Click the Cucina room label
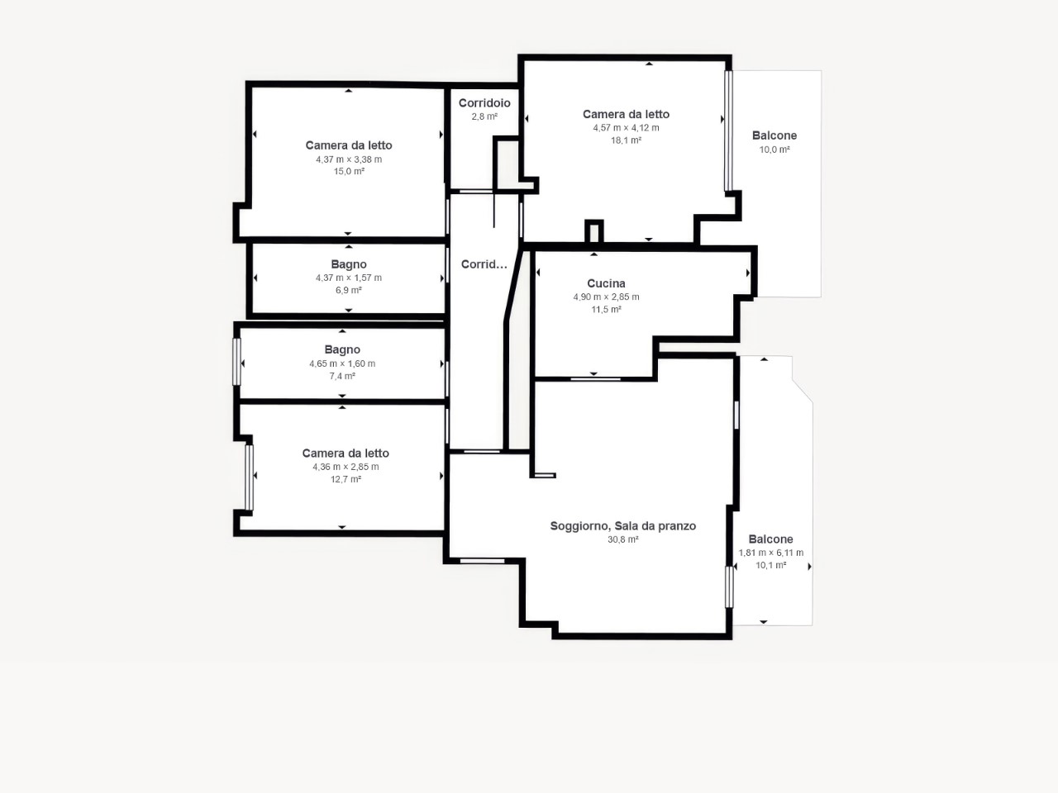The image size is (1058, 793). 606,283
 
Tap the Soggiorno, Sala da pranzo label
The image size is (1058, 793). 622,526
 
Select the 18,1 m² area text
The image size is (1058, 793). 626,140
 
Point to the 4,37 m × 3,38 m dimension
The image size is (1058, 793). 349,159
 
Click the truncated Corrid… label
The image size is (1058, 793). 484,264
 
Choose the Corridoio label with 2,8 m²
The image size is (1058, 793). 484,103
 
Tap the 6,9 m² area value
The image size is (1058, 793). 349,290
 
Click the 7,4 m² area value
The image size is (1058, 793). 342,376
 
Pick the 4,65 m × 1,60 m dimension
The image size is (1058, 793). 342,364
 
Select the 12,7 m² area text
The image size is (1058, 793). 346,480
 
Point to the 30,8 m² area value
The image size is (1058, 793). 622,539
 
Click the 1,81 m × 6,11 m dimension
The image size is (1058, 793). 770,553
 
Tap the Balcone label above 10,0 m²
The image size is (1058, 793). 774,135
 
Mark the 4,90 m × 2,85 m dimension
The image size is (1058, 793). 606,297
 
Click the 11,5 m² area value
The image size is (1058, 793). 606,310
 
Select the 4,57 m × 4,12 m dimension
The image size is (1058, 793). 626,128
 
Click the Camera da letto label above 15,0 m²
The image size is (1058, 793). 349,145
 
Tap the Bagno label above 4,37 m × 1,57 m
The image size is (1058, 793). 349,264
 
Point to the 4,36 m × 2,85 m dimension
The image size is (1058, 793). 346,467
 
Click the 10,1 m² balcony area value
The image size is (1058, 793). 770,565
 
